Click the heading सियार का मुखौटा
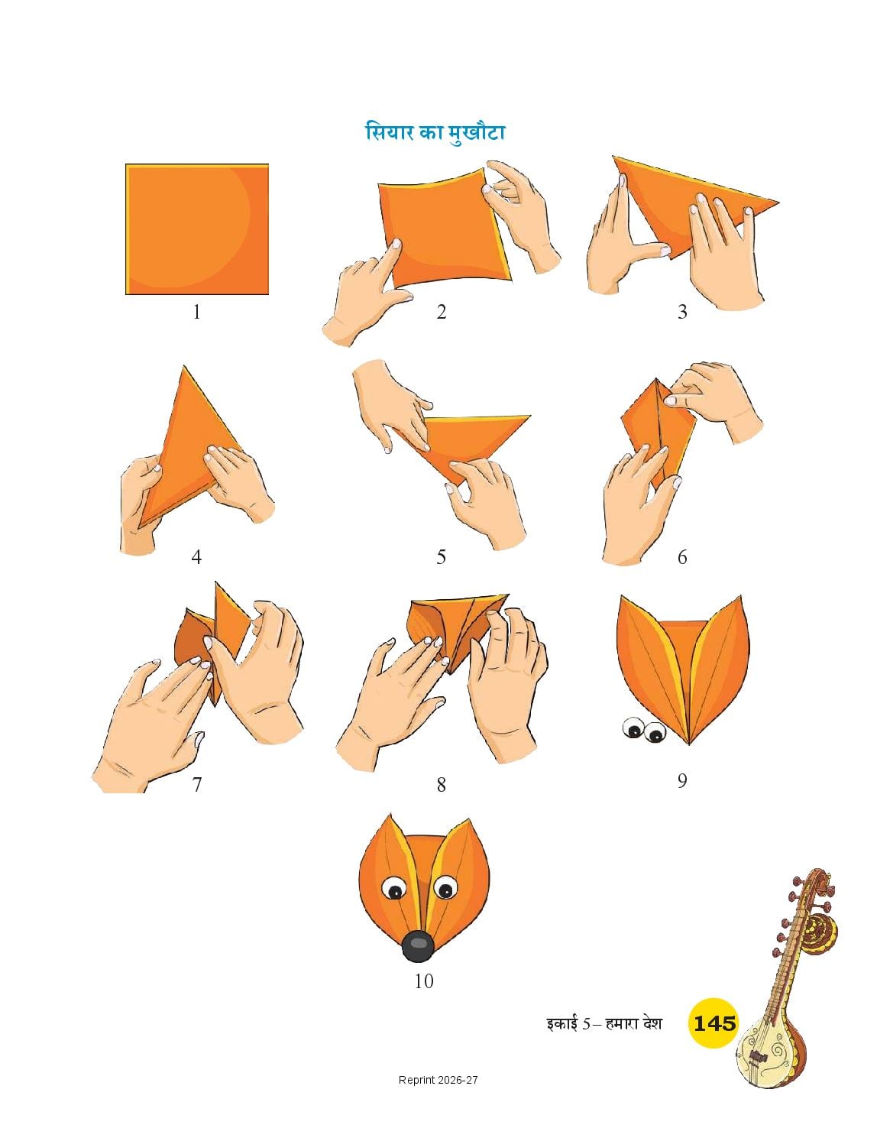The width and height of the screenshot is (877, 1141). pos(435,131)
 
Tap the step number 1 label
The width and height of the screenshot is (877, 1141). pos(196,313)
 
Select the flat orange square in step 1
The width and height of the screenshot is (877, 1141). pos(197,229)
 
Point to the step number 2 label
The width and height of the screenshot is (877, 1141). pos(441,312)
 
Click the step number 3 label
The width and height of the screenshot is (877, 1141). pos(681,312)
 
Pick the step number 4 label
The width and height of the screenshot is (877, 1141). pos(196,556)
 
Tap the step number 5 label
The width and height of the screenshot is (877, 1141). pos(441,556)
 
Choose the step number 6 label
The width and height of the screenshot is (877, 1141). pos(681,556)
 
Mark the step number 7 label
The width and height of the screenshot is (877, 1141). pos(197,784)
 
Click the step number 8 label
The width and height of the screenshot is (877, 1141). pos(441,785)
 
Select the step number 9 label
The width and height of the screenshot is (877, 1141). pos(681,780)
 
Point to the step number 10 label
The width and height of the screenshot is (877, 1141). pos(423,981)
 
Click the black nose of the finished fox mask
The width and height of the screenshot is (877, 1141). pos(418,946)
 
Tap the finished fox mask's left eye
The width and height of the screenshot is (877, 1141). pos(393,889)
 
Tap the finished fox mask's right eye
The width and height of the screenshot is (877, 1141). pos(445,889)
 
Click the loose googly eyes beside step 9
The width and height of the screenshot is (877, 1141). pos(644,730)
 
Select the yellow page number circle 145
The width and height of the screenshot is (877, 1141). pos(714,1023)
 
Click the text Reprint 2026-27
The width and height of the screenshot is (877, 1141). pos(438,1080)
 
